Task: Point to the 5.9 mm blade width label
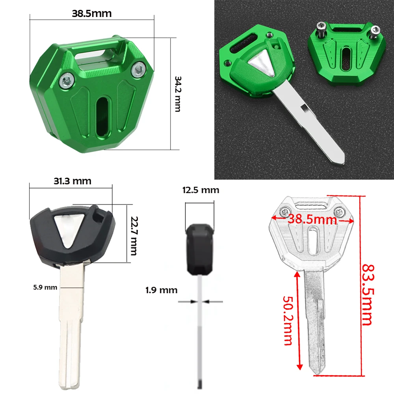45,287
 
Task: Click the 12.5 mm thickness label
201,190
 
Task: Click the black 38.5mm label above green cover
92,13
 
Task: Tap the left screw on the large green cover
66,82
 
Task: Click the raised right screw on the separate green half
375,31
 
